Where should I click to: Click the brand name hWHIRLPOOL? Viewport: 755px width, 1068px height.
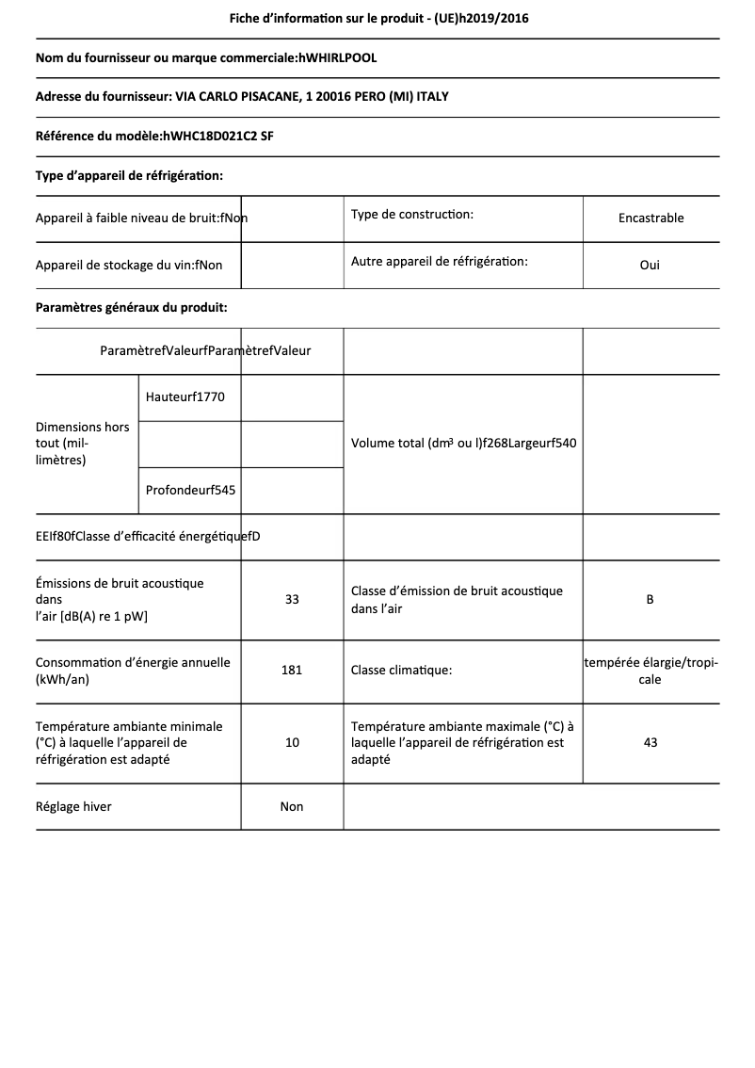(x=337, y=57)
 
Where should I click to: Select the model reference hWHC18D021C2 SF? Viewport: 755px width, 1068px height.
(x=218, y=136)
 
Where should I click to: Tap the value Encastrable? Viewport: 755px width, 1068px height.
(x=651, y=218)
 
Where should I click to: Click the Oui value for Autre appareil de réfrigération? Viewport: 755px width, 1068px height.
(x=650, y=265)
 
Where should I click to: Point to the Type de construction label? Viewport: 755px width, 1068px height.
(x=411, y=215)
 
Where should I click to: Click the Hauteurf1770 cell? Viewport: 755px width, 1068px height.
(x=185, y=396)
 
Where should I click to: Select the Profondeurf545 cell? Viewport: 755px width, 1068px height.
(x=190, y=490)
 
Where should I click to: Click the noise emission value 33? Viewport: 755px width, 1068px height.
(x=292, y=599)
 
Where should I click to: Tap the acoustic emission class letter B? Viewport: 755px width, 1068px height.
(x=650, y=599)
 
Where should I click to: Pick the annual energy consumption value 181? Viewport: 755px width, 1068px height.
(x=292, y=671)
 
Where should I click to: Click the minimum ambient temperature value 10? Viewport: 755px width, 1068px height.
(x=292, y=742)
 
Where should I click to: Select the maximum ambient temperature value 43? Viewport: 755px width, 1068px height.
(x=650, y=742)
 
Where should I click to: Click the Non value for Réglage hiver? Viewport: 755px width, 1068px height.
(x=292, y=806)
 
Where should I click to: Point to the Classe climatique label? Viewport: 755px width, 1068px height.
(x=401, y=671)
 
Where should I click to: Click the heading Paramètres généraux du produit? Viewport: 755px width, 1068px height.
(x=131, y=307)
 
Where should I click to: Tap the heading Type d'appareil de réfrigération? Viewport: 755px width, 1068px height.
(x=129, y=175)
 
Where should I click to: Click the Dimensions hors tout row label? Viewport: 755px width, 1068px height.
(x=82, y=443)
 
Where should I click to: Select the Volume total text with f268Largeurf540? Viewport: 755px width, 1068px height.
(x=463, y=443)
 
